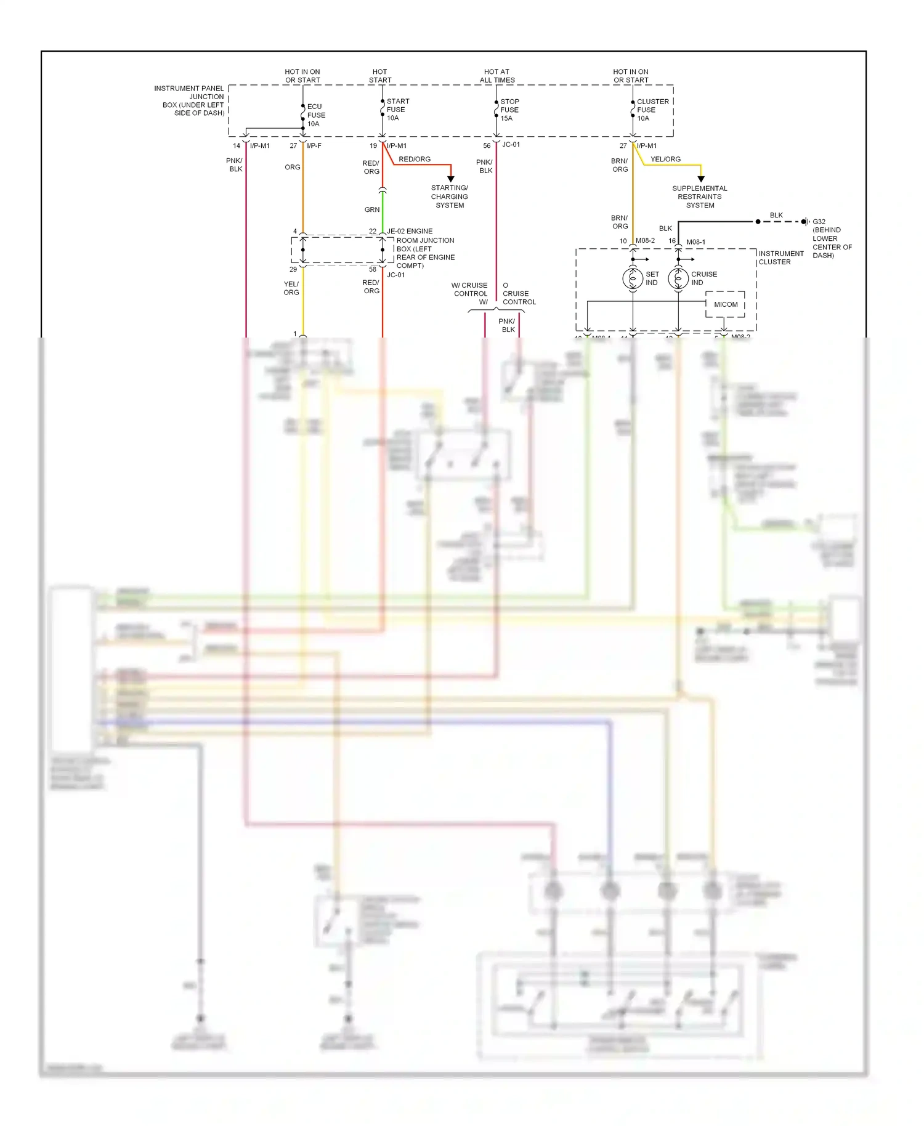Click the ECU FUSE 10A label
(x=316, y=115)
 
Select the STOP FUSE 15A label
(x=509, y=110)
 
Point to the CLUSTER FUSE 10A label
(x=652, y=110)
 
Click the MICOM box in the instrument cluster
(x=725, y=304)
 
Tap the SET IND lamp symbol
(x=633, y=278)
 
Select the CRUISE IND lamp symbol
(x=678, y=278)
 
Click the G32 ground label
(x=819, y=222)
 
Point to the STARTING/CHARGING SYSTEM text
(x=450, y=196)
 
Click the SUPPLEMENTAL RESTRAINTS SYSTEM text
(x=700, y=196)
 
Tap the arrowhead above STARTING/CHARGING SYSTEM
(x=451, y=179)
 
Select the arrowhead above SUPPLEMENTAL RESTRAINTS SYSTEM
(x=701, y=179)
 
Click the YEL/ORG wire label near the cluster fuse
(x=665, y=159)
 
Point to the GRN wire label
(x=372, y=209)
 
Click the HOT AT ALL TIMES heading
(x=496, y=76)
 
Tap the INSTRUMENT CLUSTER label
(x=780, y=257)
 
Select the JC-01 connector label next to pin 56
(x=511, y=145)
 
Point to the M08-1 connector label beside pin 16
(x=695, y=242)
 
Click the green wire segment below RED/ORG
(x=383, y=209)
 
